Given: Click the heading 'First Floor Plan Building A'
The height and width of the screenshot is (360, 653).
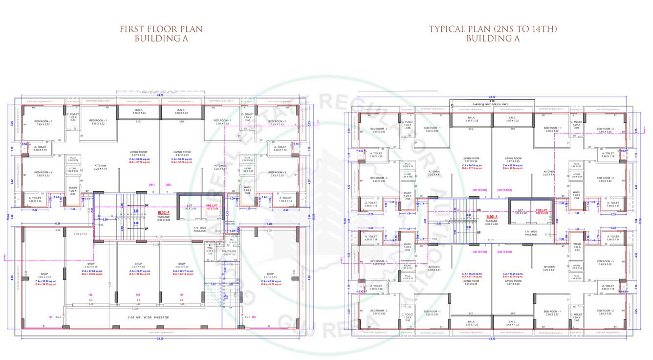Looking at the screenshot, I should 161,34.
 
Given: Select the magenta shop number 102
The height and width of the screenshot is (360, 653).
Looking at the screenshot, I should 90,295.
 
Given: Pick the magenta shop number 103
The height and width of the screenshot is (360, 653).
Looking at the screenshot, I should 138,295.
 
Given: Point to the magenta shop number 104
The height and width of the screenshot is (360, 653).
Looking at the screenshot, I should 182,295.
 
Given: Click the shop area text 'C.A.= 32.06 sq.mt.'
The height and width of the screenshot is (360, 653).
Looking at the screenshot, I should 44,281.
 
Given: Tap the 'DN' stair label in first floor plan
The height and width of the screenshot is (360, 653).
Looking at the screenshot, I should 146,205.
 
